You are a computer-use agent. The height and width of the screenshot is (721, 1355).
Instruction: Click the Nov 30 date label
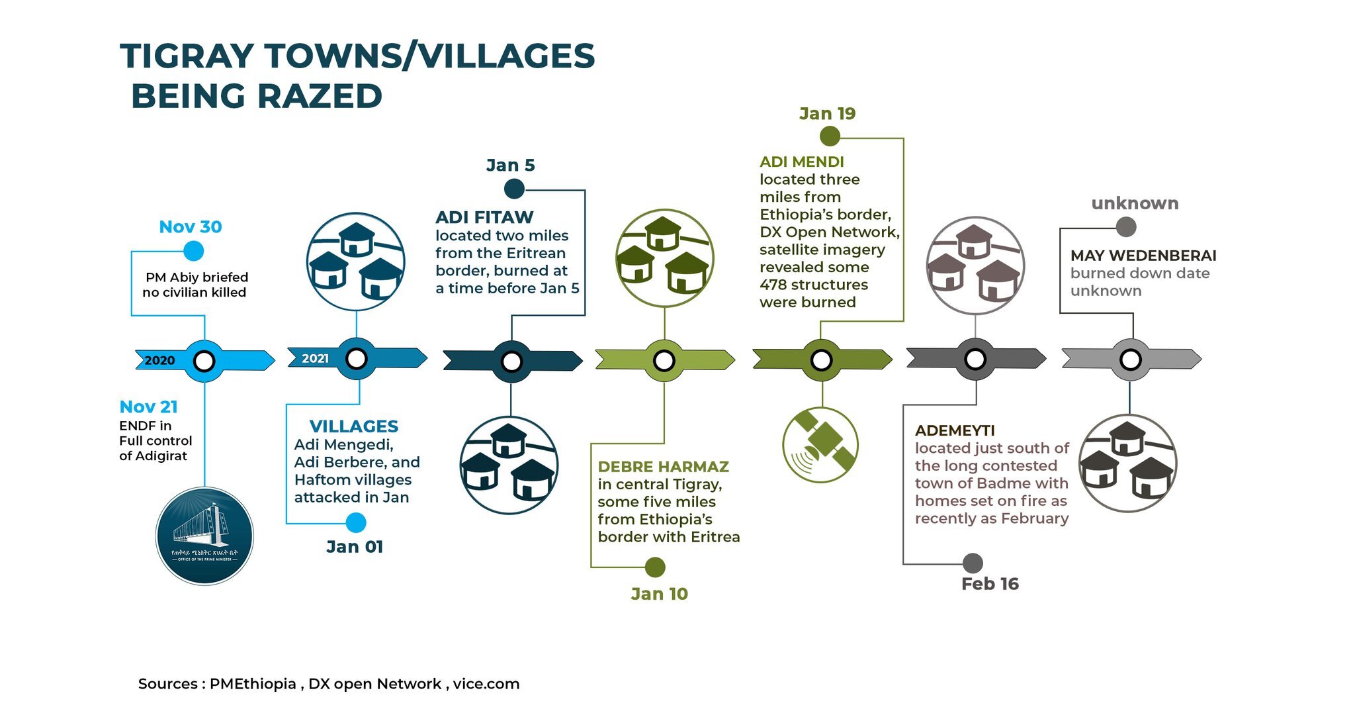[191, 227]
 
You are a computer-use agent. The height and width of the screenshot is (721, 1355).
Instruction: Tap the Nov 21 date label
[148, 407]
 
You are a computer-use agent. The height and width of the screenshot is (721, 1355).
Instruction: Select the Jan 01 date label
[355, 547]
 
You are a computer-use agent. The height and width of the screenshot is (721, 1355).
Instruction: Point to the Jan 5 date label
[510, 166]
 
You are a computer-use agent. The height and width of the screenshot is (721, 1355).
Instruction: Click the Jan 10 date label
[659, 594]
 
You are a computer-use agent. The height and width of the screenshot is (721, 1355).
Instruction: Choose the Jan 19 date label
[827, 114]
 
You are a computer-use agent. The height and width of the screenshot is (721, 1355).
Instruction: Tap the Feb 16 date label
[990, 584]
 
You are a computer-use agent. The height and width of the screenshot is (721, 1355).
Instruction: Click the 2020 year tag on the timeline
[159, 360]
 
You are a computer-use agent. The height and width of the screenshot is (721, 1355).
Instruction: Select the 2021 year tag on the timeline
[315, 358]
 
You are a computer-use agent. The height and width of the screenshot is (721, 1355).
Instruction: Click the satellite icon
[820, 444]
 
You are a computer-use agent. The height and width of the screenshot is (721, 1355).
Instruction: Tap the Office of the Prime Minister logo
[204, 536]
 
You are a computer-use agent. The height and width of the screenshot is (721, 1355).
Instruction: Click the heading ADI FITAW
[484, 217]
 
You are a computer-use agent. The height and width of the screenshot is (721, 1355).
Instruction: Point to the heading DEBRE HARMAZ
[663, 467]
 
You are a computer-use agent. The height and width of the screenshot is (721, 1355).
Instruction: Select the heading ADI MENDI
[801, 162]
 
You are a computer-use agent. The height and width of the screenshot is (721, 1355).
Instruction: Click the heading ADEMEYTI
[955, 430]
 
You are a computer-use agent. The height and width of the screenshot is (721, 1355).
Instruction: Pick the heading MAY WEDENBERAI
[1143, 256]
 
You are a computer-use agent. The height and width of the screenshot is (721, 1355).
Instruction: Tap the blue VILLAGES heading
[354, 426]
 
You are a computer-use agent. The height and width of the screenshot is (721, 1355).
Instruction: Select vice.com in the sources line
[486, 684]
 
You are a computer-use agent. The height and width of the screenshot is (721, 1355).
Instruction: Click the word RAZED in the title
[320, 97]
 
